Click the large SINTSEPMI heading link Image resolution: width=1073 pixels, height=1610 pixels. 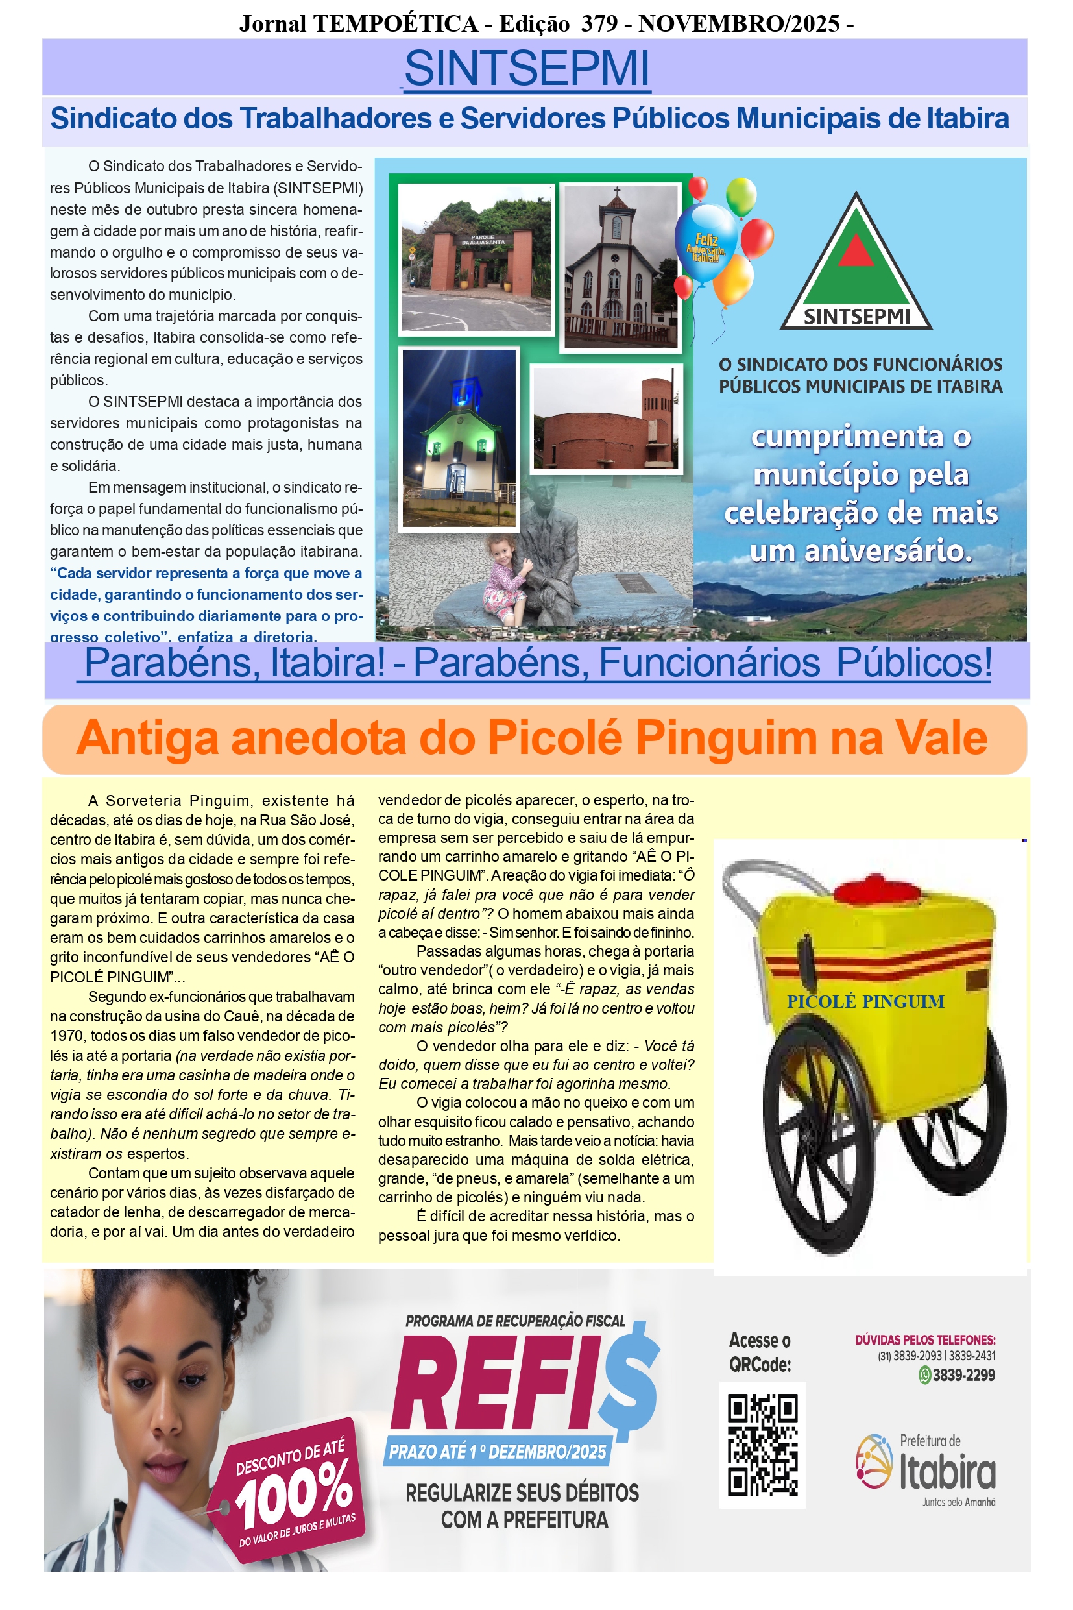pyautogui.click(x=526, y=68)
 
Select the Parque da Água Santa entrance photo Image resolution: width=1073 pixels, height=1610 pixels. pyautogui.click(x=476, y=259)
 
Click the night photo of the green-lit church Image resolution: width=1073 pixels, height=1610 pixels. pyautogui.click(x=459, y=438)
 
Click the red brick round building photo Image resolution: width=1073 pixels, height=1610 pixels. pyautogui.click(x=607, y=420)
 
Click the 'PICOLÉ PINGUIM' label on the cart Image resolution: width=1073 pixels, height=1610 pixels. pyautogui.click(x=865, y=1001)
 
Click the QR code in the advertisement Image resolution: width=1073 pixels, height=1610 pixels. pyautogui.click(x=762, y=1445)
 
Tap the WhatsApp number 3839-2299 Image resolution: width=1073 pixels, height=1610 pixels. pyautogui.click(x=963, y=1374)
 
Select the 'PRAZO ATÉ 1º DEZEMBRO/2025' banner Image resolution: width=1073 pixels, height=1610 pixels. pyautogui.click(x=498, y=1451)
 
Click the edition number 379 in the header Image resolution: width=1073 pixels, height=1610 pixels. pyautogui.click(x=599, y=24)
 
